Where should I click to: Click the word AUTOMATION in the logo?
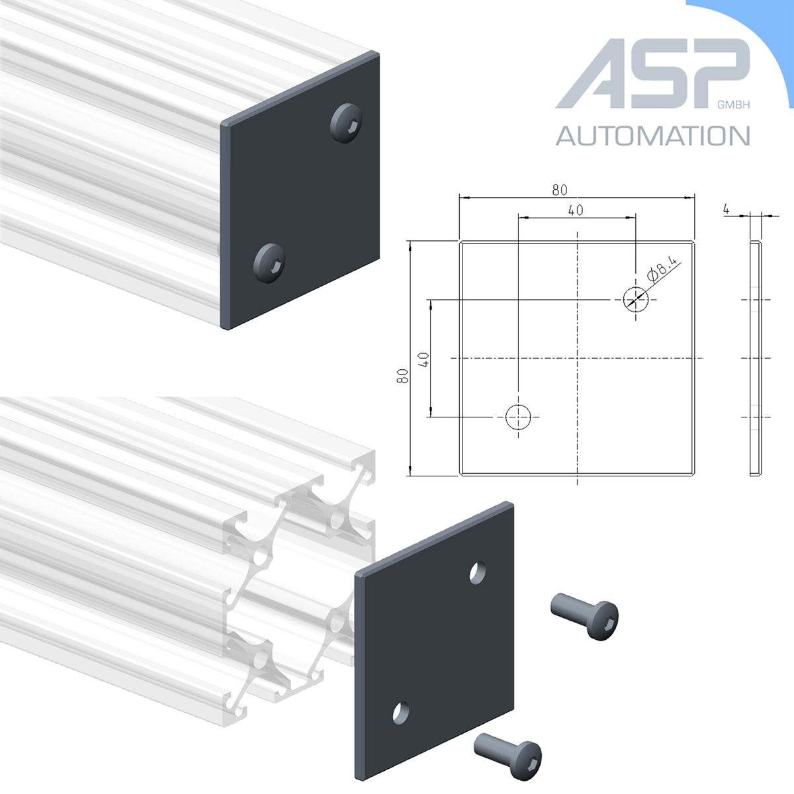pos(652,136)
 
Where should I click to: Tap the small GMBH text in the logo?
pos(733,105)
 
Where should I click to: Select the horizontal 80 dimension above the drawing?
pos(560,190)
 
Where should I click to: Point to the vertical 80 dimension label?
pos(402,376)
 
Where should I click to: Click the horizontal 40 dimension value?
pos(576,210)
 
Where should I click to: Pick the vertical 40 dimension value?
pos(423,359)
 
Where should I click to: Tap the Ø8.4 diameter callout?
pos(662,269)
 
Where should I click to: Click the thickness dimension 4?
pos(726,209)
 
